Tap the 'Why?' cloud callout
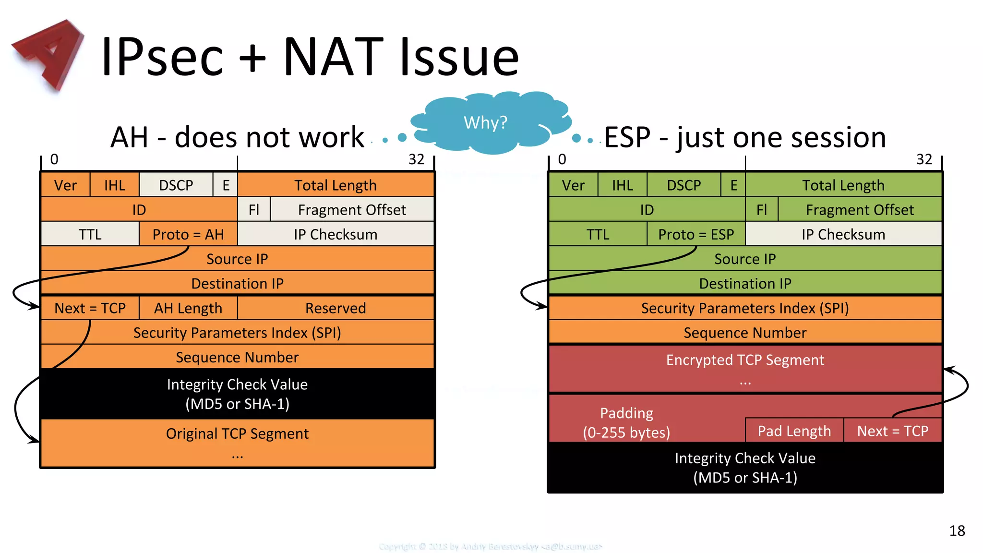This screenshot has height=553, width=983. point(486,123)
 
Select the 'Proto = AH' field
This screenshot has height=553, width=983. point(188,234)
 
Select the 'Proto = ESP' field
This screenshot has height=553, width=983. point(696,234)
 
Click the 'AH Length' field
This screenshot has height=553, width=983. point(188,308)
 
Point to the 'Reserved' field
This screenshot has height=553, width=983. point(336,308)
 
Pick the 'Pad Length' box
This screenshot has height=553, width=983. point(794,431)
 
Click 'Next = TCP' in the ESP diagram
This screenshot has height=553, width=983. point(893,431)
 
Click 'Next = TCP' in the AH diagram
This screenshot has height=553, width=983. point(90,308)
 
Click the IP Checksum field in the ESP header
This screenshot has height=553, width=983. point(843,234)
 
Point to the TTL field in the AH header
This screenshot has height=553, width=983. point(90,234)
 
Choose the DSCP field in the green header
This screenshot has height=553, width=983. point(684,185)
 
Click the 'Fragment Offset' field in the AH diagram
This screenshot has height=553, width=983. point(352,210)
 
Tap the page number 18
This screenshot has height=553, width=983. point(957,530)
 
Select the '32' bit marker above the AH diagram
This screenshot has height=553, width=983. point(416,159)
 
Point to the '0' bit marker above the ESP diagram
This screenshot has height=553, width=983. point(562,159)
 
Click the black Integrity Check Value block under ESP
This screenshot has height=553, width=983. point(745,468)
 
